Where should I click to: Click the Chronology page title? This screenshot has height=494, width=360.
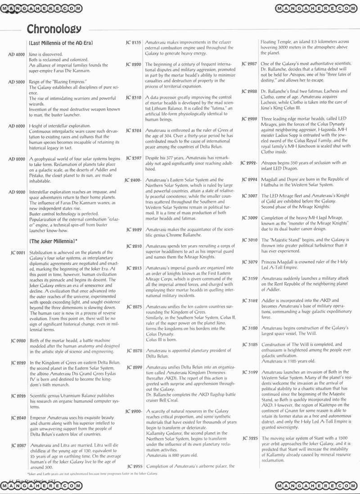[54, 29]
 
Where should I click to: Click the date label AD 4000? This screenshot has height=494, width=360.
[17, 54]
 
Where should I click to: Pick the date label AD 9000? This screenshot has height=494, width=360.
[17, 192]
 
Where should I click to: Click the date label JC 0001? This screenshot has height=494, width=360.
[17, 253]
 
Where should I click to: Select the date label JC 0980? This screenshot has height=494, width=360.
[17, 340]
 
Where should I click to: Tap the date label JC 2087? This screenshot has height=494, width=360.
[17, 445]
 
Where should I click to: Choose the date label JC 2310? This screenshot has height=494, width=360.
[134, 98]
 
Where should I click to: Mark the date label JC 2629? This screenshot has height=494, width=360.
[134, 229]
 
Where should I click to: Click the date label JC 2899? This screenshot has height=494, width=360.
[134, 368]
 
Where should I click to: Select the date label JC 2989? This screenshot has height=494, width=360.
[249, 119]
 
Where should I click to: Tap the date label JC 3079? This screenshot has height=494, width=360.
[249, 262]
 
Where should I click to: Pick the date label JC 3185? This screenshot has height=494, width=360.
[249, 345]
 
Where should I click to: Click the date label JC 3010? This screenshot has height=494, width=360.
[249, 240]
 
